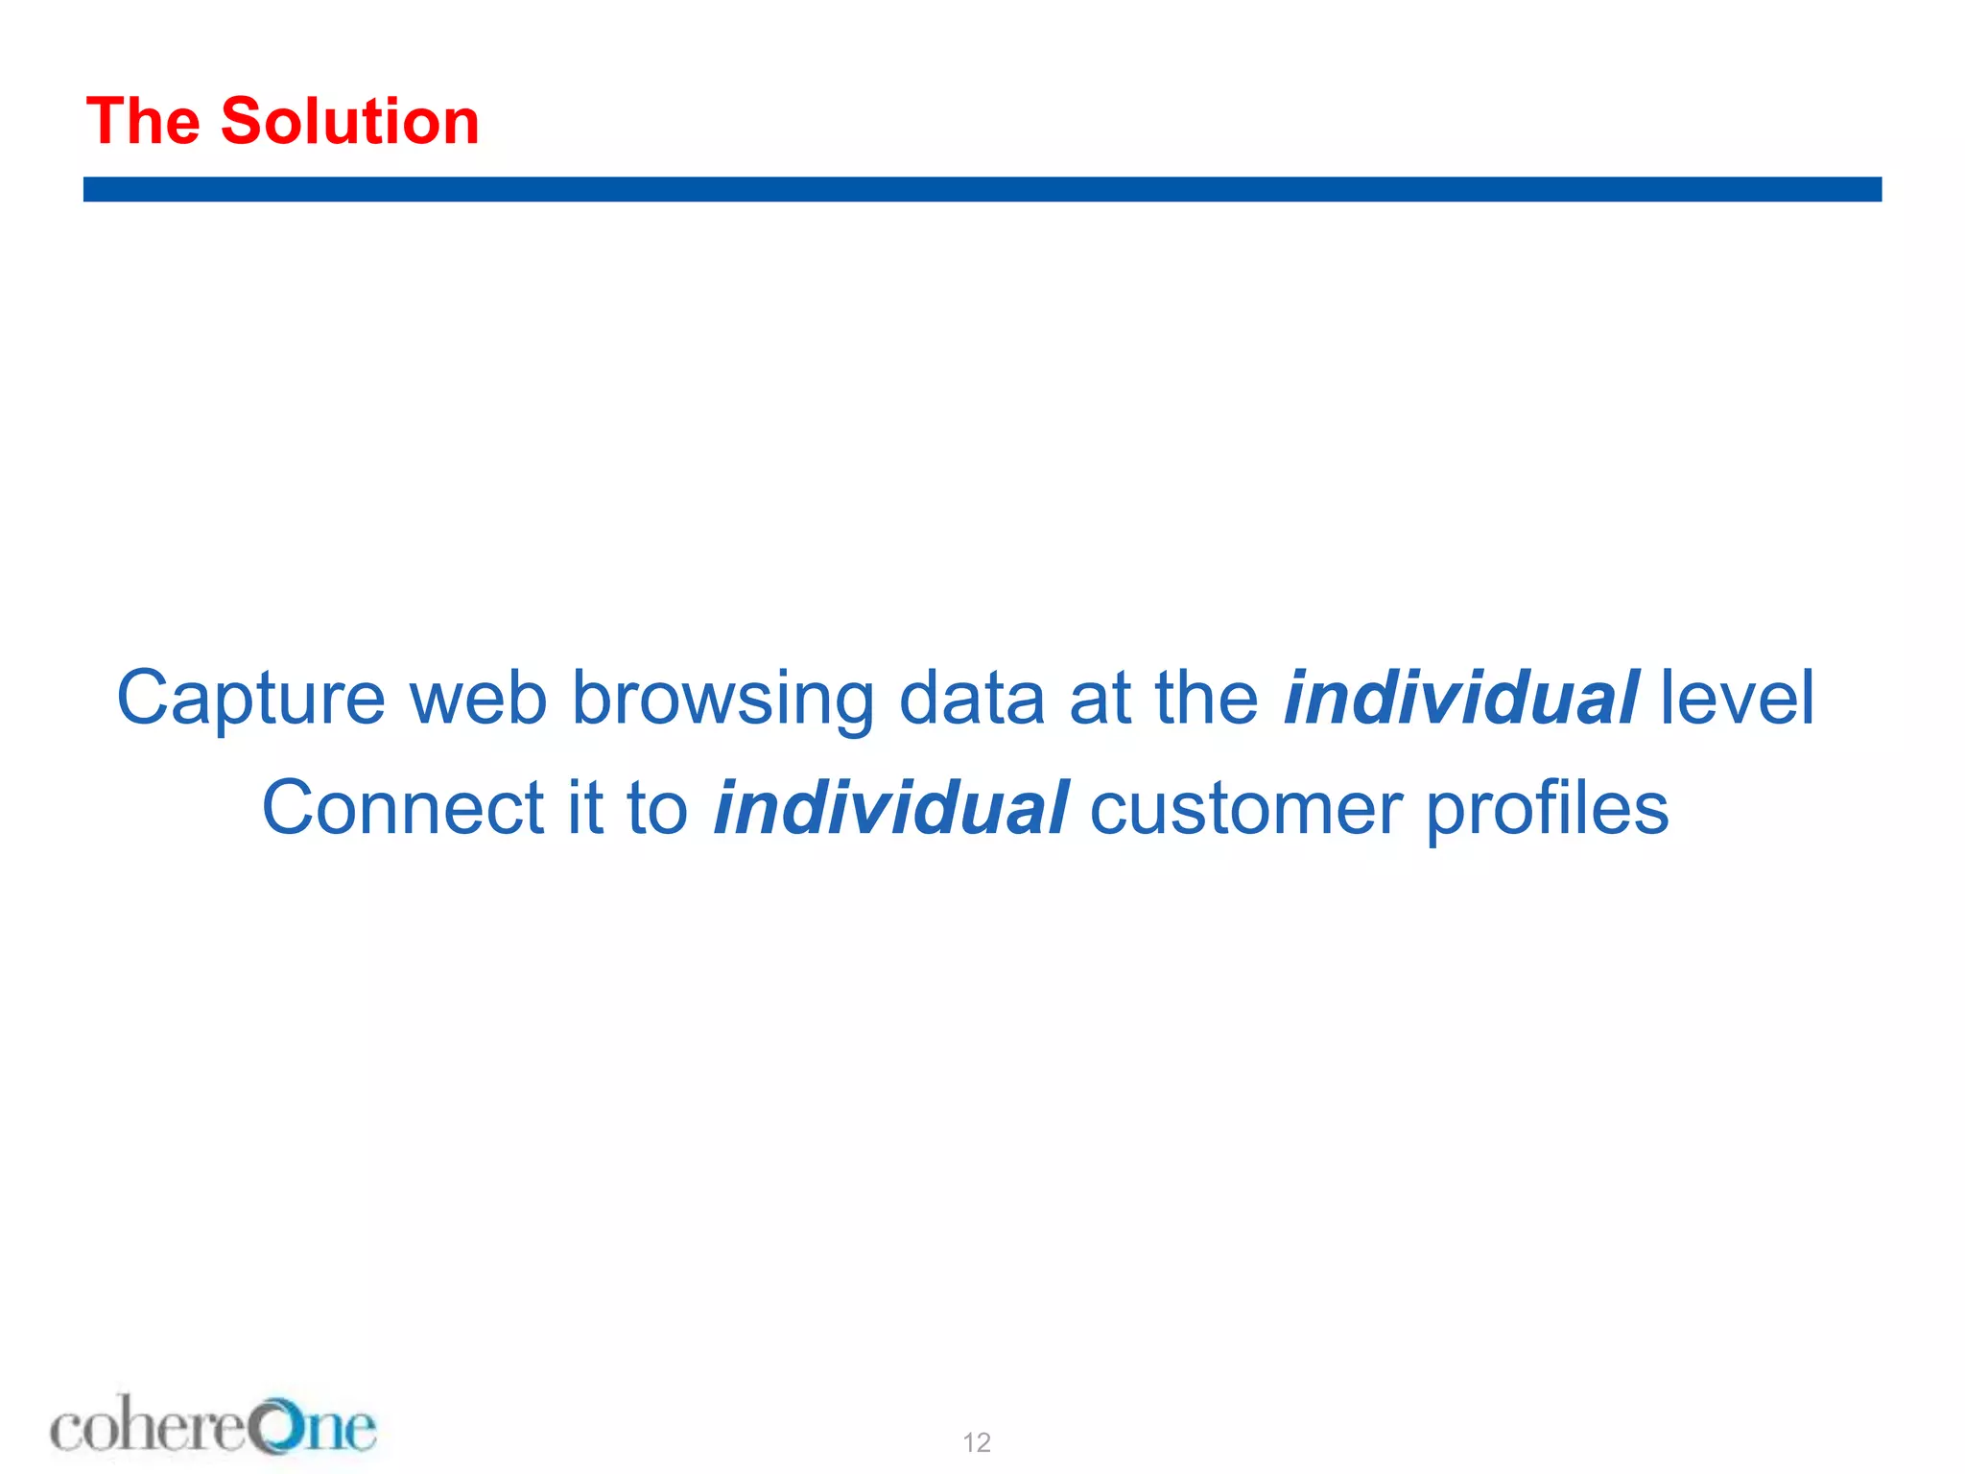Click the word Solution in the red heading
[349, 122]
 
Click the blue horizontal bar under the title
[982, 189]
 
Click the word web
[478, 699]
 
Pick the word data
[971, 699]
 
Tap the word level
[1737, 699]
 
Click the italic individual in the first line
[1460, 699]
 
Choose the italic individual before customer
[889, 808]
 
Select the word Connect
[403, 808]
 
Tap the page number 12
[977, 1442]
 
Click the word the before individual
[1206, 699]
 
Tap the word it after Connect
[584, 808]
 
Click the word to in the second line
[657, 808]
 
